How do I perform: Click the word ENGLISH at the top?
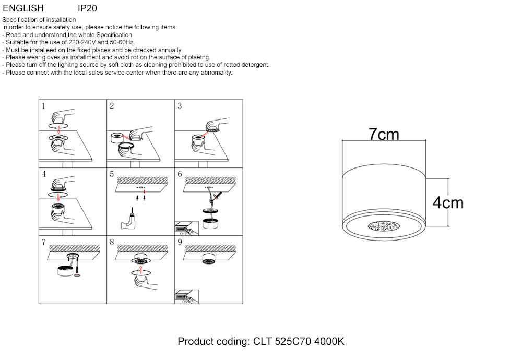(x=23, y=8)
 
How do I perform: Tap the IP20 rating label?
(x=87, y=8)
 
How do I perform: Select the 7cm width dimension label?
(x=384, y=135)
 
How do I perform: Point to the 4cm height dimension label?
(x=448, y=202)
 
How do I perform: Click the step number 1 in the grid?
(x=43, y=106)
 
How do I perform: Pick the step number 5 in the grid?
(x=112, y=174)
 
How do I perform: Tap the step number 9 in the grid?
(x=180, y=242)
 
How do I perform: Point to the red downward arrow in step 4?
(x=58, y=197)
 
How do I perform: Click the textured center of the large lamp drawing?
(x=384, y=226)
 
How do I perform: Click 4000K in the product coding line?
(x=329, y=342)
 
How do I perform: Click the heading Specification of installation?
(x=39, y=20)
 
